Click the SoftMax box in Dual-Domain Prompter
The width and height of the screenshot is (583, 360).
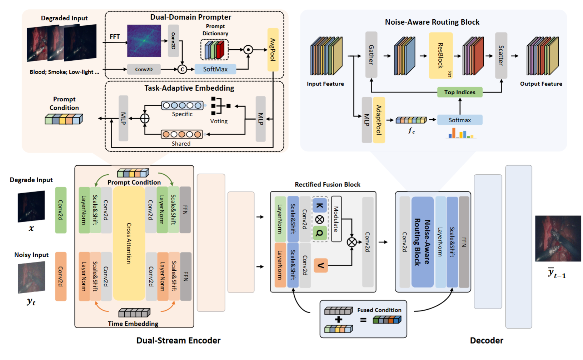215,69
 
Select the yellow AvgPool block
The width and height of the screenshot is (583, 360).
273,50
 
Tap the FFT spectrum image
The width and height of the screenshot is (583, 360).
144,41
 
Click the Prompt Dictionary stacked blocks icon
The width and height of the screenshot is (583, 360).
215,50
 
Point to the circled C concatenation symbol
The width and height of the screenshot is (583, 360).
182,69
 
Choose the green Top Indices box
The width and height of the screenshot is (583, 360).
460,92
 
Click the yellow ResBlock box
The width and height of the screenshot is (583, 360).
441,55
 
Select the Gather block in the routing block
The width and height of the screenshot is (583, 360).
371,55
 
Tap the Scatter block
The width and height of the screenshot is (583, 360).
501,55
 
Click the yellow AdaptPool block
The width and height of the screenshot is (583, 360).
379,120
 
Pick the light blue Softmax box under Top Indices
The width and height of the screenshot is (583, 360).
460,120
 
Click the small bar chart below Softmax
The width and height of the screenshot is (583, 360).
461,134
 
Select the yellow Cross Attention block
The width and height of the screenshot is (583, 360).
129,243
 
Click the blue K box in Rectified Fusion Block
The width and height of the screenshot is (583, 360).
320,205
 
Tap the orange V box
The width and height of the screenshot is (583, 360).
320,265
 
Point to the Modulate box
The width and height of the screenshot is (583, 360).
336,219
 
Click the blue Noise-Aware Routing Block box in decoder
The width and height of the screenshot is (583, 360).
422,242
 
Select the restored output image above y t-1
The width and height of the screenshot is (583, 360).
558,238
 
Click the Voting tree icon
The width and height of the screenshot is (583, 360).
220,106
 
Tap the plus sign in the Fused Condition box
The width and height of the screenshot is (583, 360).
338,320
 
